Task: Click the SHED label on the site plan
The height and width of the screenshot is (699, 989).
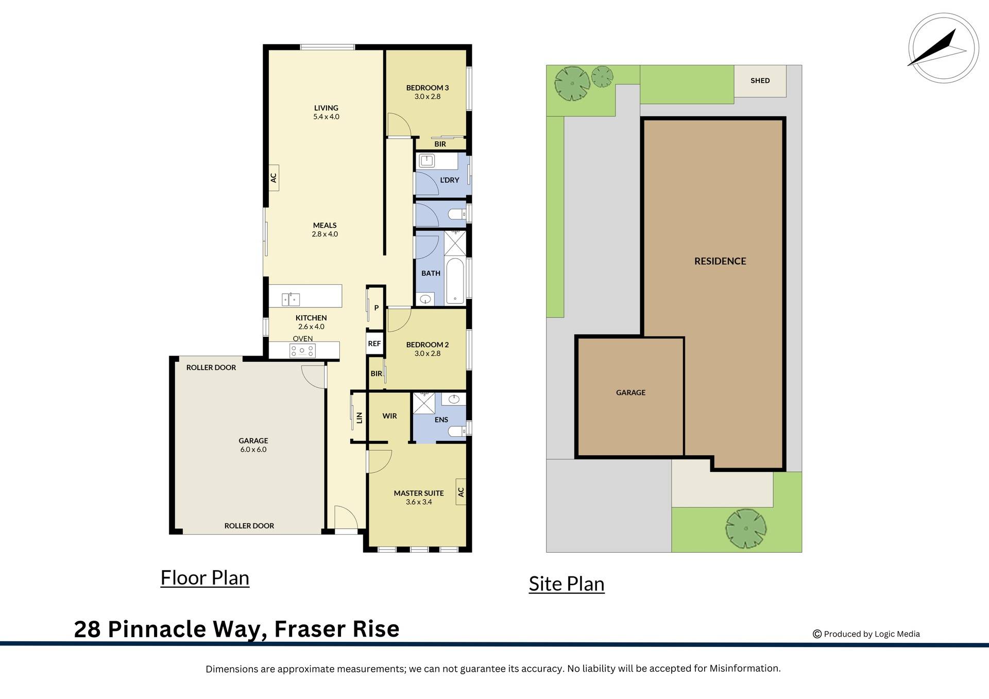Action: pos(760,81)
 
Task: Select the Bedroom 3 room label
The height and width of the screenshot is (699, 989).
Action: pos(427,88)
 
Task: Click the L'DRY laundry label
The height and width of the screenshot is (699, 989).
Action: pos(449,180)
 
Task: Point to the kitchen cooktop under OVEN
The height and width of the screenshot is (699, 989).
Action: pos(302,351)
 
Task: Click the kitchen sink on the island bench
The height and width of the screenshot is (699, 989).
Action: pos(291,299)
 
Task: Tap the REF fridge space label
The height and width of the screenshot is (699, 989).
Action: pos(374,344)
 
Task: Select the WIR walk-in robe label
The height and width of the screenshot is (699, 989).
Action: pos(389,416)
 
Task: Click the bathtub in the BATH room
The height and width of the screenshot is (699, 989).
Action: pos(455,281)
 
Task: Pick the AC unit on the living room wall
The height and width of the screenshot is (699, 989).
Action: pos(274,178)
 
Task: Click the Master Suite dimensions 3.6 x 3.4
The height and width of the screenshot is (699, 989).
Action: pos(419,502)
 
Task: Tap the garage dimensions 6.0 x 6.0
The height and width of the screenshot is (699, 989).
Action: pos(253,450)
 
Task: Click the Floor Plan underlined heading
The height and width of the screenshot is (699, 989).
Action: pos(205,578)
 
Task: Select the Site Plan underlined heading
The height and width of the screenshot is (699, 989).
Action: pos(567,584)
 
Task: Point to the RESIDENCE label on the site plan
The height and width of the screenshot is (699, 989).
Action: pos(720,261)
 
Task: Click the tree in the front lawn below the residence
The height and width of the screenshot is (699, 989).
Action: pos(745,528)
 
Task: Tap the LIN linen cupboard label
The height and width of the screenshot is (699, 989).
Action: pos(360,418)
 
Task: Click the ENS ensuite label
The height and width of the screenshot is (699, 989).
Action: pos(441,420)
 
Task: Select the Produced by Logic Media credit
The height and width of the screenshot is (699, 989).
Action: pos(871,634)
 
